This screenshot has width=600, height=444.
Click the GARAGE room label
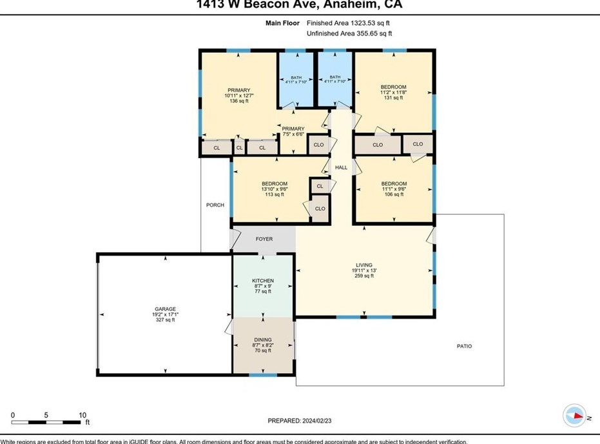tap(164, 309)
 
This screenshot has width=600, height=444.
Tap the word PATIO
tap(464, 347)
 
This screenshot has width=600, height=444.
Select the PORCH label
tap(215, 205)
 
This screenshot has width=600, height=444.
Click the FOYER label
tap(264, 239)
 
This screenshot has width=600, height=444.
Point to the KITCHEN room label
tap(263, 281)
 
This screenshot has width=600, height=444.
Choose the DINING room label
tap(262, 340)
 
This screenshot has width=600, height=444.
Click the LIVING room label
tap(364, 265)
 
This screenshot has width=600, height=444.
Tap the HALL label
tap(341, 168)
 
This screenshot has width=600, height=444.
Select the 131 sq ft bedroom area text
tap(393, 98)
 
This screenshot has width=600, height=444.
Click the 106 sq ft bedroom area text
tap(394, 194)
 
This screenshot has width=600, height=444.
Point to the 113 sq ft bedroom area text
tap(275, 194)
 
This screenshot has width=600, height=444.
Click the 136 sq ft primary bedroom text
tap(238, 101)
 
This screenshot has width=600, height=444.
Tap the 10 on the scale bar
tap(82, 415)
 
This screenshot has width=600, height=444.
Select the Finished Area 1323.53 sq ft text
tap(349, 23)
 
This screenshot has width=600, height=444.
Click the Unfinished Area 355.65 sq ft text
tap(349, 33)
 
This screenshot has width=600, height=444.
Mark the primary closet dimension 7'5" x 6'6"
tap(293, 134)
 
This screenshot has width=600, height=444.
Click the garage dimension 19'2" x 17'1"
tap(164, 314)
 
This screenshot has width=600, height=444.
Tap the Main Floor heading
tap(283, 23)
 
